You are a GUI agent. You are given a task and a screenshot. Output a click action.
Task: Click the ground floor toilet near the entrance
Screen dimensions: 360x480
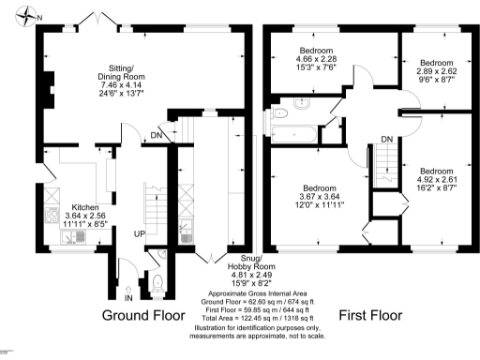coord(157,279)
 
